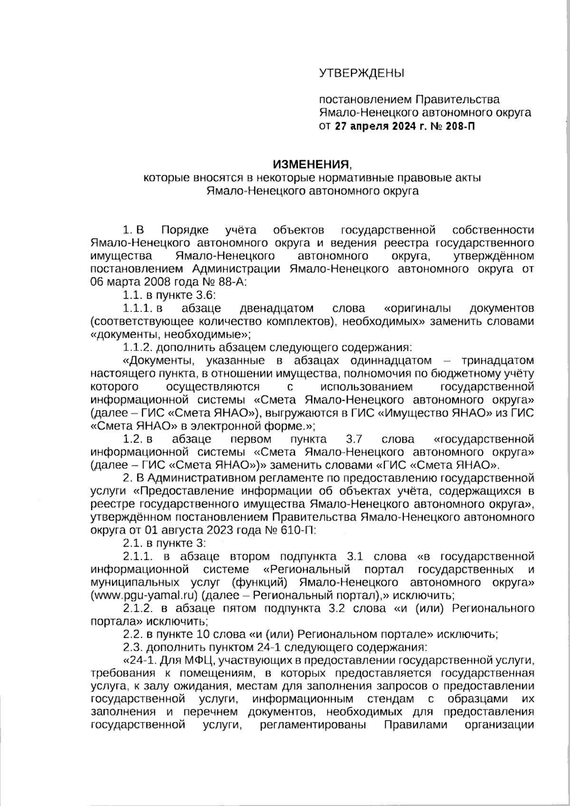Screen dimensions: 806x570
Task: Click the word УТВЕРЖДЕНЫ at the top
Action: [361, 73]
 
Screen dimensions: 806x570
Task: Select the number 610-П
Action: [292, 530]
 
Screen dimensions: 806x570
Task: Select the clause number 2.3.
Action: [133, 647]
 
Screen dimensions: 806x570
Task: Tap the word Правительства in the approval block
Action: [457, 99]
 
